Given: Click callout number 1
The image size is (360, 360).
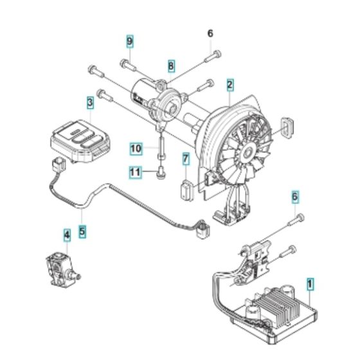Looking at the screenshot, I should pyautogui.click(x=310, y=282).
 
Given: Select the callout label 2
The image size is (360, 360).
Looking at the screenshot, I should pyautogui.click(x=230, y=83).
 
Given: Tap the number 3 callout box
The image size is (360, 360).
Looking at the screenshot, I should pyautogui.click(x=90, y=102).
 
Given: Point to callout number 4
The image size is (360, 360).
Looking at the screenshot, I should pyautogui.click(x=66, y=236).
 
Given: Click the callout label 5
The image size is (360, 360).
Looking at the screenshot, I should pyautogui.click(x=82, y=228).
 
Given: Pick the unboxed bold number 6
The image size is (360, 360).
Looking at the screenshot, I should pyautogui.click(x=210, y=32).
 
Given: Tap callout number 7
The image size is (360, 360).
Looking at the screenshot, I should pyautogui.click(x=185, y=157).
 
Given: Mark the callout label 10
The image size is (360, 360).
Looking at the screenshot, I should pyautogui.click(x=136, y=172).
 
